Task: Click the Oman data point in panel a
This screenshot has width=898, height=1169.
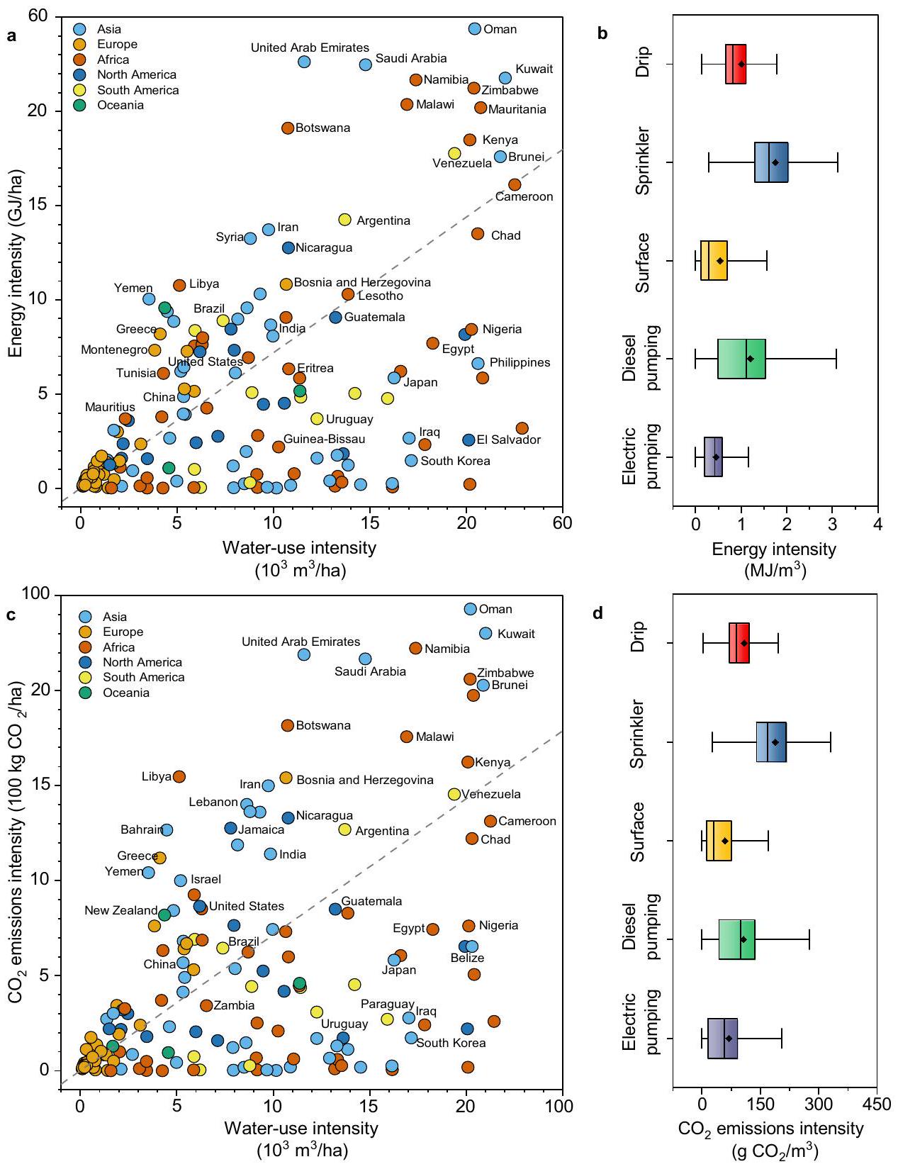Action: pyautogui.click(x=475, y=29)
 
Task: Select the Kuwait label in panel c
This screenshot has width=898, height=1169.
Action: pyautogui.click(x=516, y=634)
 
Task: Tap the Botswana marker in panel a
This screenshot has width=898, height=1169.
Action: pyautogui.click(x=288, y=128)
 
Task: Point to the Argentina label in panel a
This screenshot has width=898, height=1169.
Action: pyautogui.click(x=383, y=221)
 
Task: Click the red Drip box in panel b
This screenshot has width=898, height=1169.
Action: pyautogui.click(x=736, y=64)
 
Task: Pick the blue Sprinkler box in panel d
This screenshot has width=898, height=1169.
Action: pyautogui.click(x=771, y=742)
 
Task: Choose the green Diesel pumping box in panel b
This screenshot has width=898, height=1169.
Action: pyautogui.click(x=741, y=359)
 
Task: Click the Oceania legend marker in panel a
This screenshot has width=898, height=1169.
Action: pyautogui.click(x=80, y=106)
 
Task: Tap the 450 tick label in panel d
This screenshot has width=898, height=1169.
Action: pyautogui.click(x=877, y=1105)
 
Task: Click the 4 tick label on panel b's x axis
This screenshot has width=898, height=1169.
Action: pyautogui.click(x=877, y=525)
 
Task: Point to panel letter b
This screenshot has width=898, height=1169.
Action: pyautogui.click(x=602, y=33)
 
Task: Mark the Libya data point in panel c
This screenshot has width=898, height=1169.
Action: pyautogui.click(x=179, y=777)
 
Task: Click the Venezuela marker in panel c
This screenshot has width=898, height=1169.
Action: pyautogui.click(x=454, y=794)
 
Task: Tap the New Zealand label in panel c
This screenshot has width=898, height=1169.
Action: pyautogui.click(x=120, y=910)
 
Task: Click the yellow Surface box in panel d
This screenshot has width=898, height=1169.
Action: pyautogui.click(x=719, y=841)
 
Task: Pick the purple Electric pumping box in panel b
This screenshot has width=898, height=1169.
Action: pyautogui.click(x=713, y=457)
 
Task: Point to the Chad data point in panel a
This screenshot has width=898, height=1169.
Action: pyautogui.click(x=478, y=234)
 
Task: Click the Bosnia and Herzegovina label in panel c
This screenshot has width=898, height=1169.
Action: pyautogui.click(x=364, y=780)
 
